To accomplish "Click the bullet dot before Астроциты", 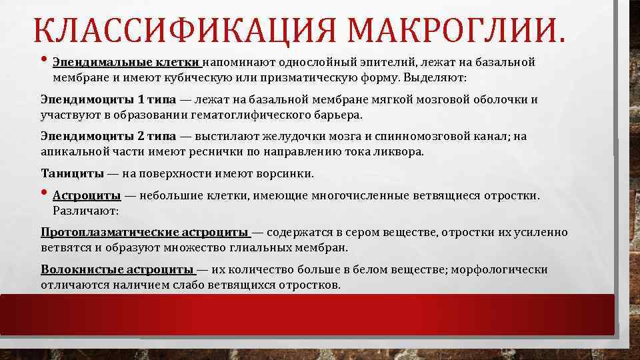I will click(x=45, y=195).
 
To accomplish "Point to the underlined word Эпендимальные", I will click(x=93, y=63).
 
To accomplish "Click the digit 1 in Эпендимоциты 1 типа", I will click(x=140, y=100).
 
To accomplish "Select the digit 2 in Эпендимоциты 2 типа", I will click(x=140, y=137).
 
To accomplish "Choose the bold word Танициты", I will click(x=72, y=174).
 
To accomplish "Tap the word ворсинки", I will click(x=285, y=174).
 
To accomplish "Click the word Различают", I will click(x=85, y=211).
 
